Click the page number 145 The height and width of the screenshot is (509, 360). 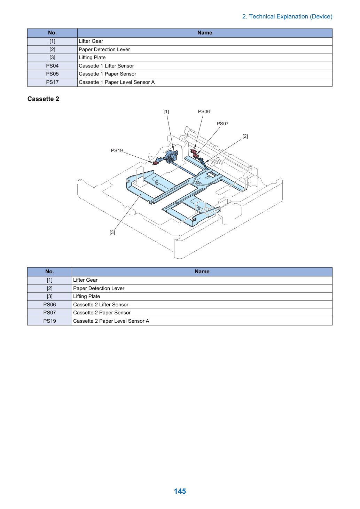click(180, 491)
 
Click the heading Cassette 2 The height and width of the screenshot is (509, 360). click(43, 99)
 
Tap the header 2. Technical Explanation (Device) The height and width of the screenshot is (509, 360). click(287, 16)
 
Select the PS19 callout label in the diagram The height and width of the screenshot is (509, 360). click(117, 150)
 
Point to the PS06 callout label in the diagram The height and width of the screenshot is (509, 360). click(204, 111)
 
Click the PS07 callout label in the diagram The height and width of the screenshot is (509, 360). click(222, 124)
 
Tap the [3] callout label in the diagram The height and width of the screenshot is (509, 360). click(112, 233)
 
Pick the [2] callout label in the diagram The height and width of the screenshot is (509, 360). click(245, 136)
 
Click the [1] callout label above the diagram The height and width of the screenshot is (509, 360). click(166, 111)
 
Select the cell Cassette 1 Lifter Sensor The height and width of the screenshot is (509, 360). click(205, 66)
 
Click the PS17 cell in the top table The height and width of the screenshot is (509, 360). click(52, 82)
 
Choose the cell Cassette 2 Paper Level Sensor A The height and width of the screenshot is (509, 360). click(202, 321)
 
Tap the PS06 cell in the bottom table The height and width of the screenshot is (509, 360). click(49, 305)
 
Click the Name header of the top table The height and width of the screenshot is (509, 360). click(205, 33)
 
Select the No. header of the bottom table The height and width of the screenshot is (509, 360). click(49, 272)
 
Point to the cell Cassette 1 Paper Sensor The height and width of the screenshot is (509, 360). click(205, 74)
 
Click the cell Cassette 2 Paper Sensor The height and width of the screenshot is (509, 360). click(202, 313)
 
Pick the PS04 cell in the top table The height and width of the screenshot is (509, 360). click(52, 66)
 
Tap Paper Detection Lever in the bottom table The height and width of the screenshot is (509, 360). click(99, 288)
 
